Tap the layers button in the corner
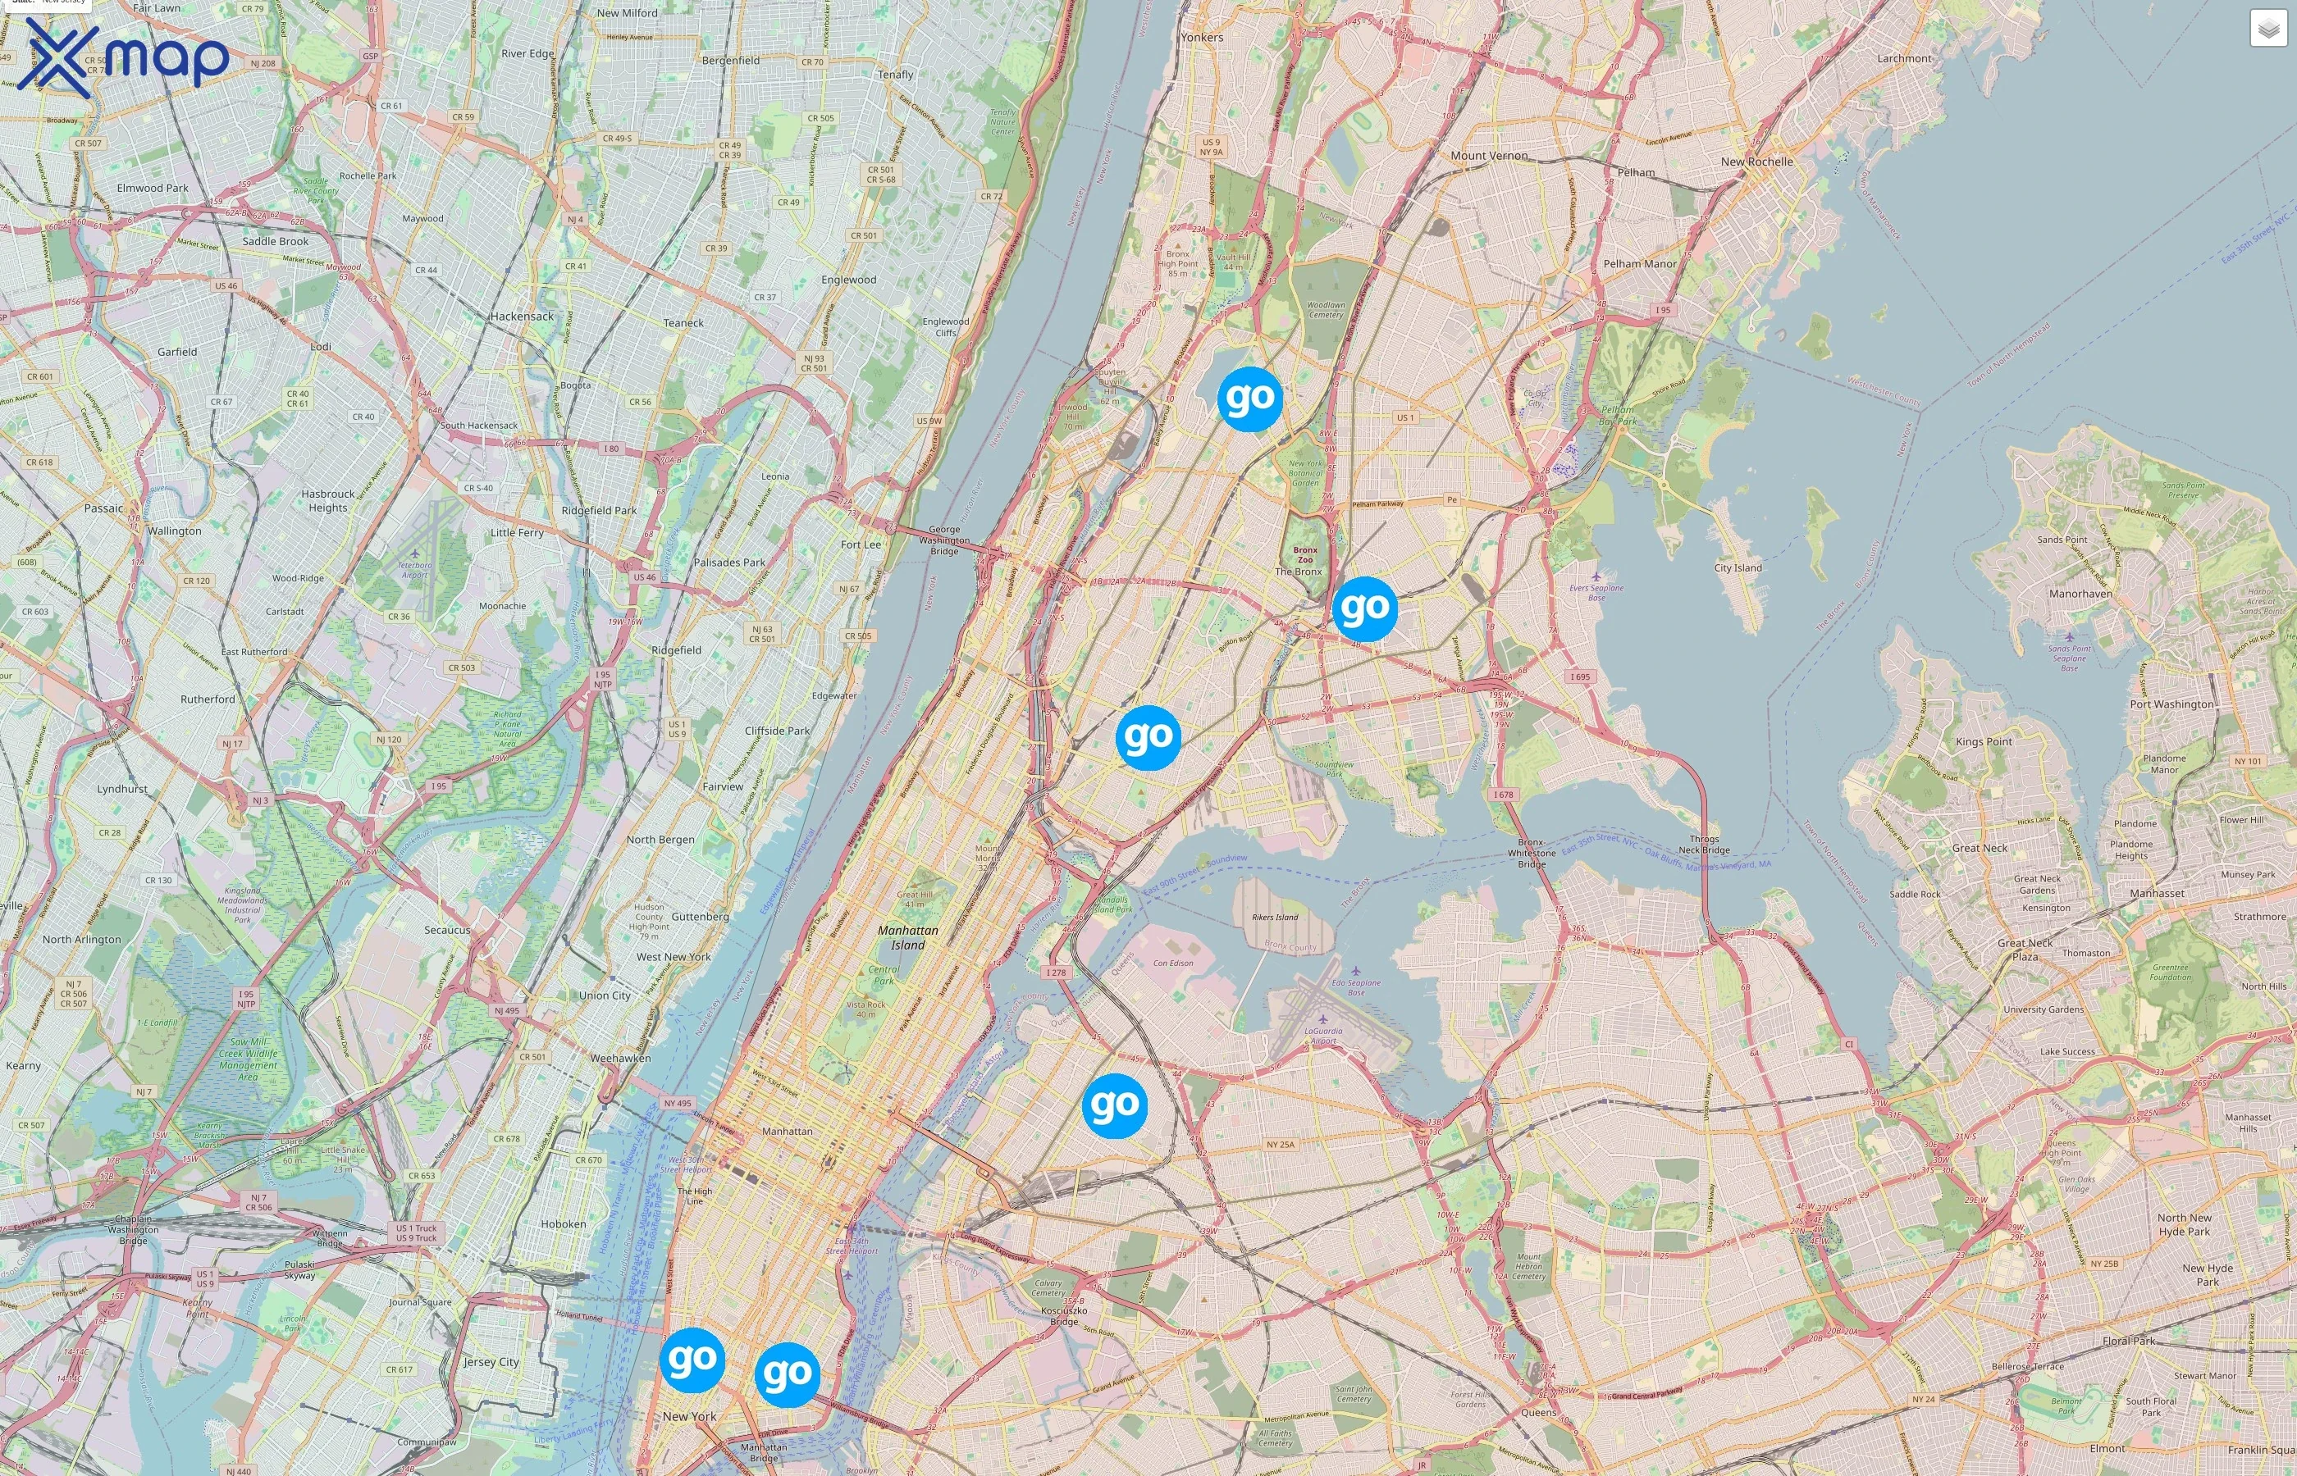2267,29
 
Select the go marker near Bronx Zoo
1364,608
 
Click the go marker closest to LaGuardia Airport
1114,1106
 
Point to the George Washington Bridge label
943,540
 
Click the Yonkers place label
1201,38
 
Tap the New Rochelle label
1756,162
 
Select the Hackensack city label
522,317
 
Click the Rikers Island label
1275,918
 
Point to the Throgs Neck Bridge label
1704,845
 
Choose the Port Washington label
2171,704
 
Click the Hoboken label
563,1224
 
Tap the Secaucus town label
447,930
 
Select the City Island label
1738,568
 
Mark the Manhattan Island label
908,937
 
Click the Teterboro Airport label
415,570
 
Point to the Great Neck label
1979,848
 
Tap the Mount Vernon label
1489,155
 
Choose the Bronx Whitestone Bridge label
1531,853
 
